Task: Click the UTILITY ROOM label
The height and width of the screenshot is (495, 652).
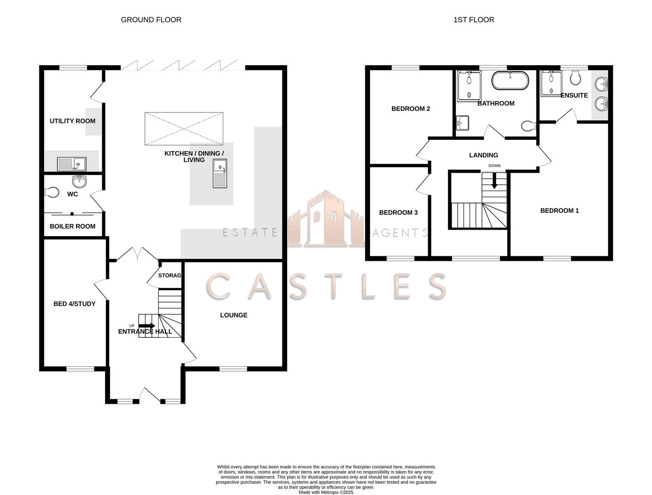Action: click(72, 121)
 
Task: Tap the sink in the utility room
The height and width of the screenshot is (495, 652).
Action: click(72, 164)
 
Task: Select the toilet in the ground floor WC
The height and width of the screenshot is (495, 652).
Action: click(52, 192)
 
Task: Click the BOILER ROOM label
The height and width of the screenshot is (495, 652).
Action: click(72, 226)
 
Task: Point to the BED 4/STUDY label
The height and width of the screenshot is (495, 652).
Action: click(74, 304)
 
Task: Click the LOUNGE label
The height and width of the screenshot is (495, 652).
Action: click(233, 315)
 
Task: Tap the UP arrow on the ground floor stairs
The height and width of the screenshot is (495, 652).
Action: click(147, 325)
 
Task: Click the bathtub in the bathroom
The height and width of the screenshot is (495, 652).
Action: click(510, 80)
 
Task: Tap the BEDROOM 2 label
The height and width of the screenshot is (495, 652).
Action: click(410, 109)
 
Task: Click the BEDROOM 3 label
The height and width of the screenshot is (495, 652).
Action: click(398, 213)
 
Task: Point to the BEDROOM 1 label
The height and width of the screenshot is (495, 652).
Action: click(559, 211)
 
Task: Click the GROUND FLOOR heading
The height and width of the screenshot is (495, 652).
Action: click(151, 20)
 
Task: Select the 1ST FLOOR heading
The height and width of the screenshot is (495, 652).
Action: click(474, 20)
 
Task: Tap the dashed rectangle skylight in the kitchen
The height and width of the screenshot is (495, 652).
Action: click(184, 129)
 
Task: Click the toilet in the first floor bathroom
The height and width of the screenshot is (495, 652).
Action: click(529, 126)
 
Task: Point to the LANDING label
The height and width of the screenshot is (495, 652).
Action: click(483, 155)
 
